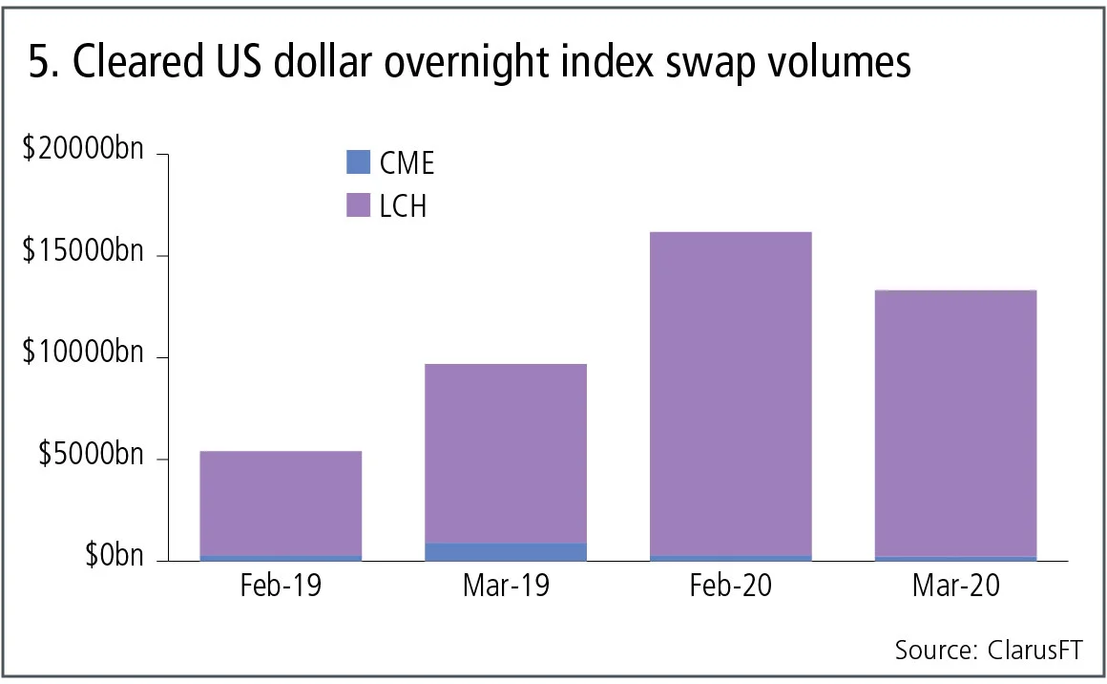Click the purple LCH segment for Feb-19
pyautogui.click(x=281, y=502)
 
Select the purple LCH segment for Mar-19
pyautogui.click(x=506, y=453)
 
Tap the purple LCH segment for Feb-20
pyautogui.click(x=730, y=393)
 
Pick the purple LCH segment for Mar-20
pyautogui.click(x=955, y=422)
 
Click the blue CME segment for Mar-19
pyautogui.click(x=506, y=551)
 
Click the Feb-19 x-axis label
pyautogui.click(x=281, y=585)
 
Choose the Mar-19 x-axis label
pyautogui.click(x=506, y=585)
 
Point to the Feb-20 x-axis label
pyautogui.click(x=730, y=585)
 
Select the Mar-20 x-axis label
pyautogui.click(x=955, y=585)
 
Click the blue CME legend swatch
pyautogui.click(x=357, y=162)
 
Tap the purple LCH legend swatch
pyautogui.click(x=357, y=205)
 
